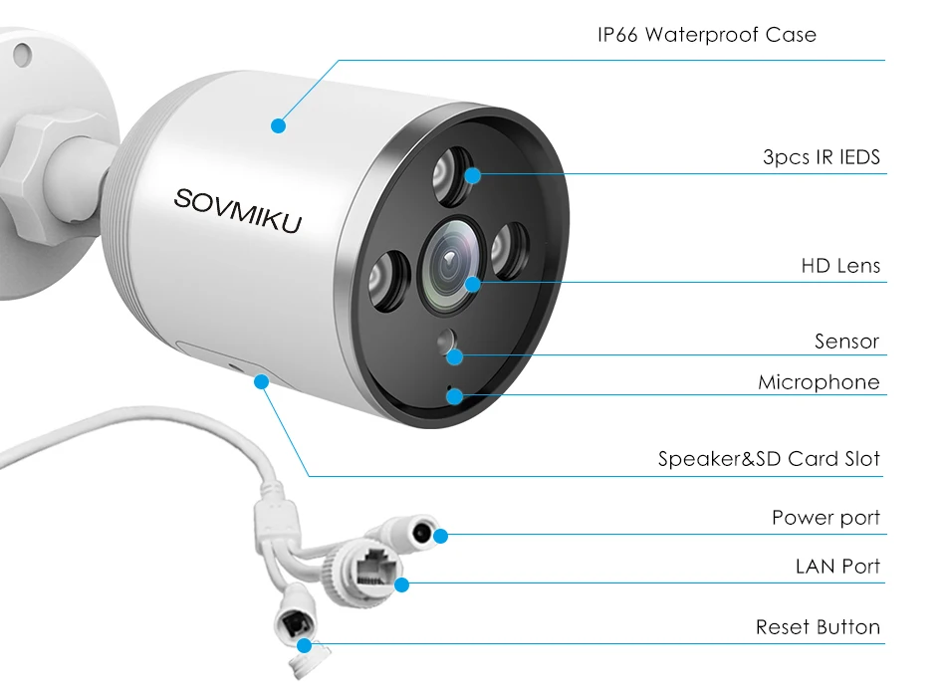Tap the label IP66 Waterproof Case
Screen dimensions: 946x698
[706, 35]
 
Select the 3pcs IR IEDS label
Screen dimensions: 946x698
[821, 157]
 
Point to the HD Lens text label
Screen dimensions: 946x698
[840, 266]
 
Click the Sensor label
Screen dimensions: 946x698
[846, 342]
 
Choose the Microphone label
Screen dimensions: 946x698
[819, 382]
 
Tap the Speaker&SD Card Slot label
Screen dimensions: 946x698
[769, 459]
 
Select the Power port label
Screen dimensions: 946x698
[826, 518]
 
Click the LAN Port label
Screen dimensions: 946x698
[837, 567]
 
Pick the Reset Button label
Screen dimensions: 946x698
[818, 627]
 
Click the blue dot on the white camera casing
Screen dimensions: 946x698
[278, 125]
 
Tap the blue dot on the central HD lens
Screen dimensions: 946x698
[472, 283]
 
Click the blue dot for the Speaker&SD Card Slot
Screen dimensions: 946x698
[261, 380]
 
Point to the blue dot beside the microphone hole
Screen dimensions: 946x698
[455, 395]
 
